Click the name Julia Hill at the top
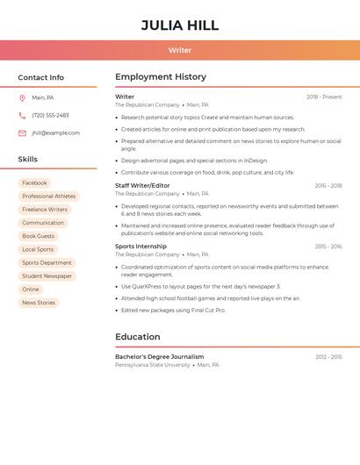click(180, 25)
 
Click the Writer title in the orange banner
click(180, 50)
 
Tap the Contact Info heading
click(41, 77)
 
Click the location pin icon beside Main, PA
click(22, 97)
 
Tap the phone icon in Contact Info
click(22, 115)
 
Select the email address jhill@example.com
click(55, 132)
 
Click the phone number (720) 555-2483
click(50, 115)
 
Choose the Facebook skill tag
click(34, 182)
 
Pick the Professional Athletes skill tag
click(48, 196)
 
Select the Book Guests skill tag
click(38, 236)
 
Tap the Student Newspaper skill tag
click(47, 275)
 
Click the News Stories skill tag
click(39, 303)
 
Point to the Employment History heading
click(161, 77)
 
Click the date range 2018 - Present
click(324, 97)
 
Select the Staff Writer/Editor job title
click(142, 185)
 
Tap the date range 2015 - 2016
click(328, 247)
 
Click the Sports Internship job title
click(140, 247)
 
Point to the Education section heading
click(138, 337)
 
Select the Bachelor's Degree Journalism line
click(159, 357)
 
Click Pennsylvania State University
click(152, 365)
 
